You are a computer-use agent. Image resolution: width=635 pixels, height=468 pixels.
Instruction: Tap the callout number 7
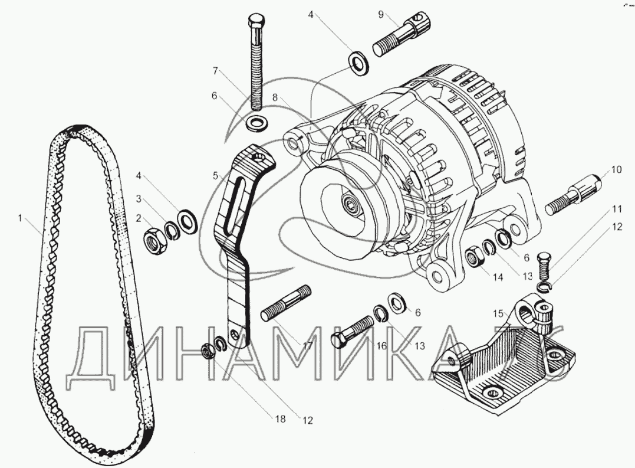tap(216, 71)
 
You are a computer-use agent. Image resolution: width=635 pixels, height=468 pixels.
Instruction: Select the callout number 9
tap(381, 13)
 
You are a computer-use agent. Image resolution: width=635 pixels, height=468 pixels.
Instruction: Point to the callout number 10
tap(616, 170)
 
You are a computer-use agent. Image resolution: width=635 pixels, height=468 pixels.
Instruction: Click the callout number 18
tap(279, 419)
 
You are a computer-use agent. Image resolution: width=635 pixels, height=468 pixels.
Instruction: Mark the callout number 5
tap(216, 175)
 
